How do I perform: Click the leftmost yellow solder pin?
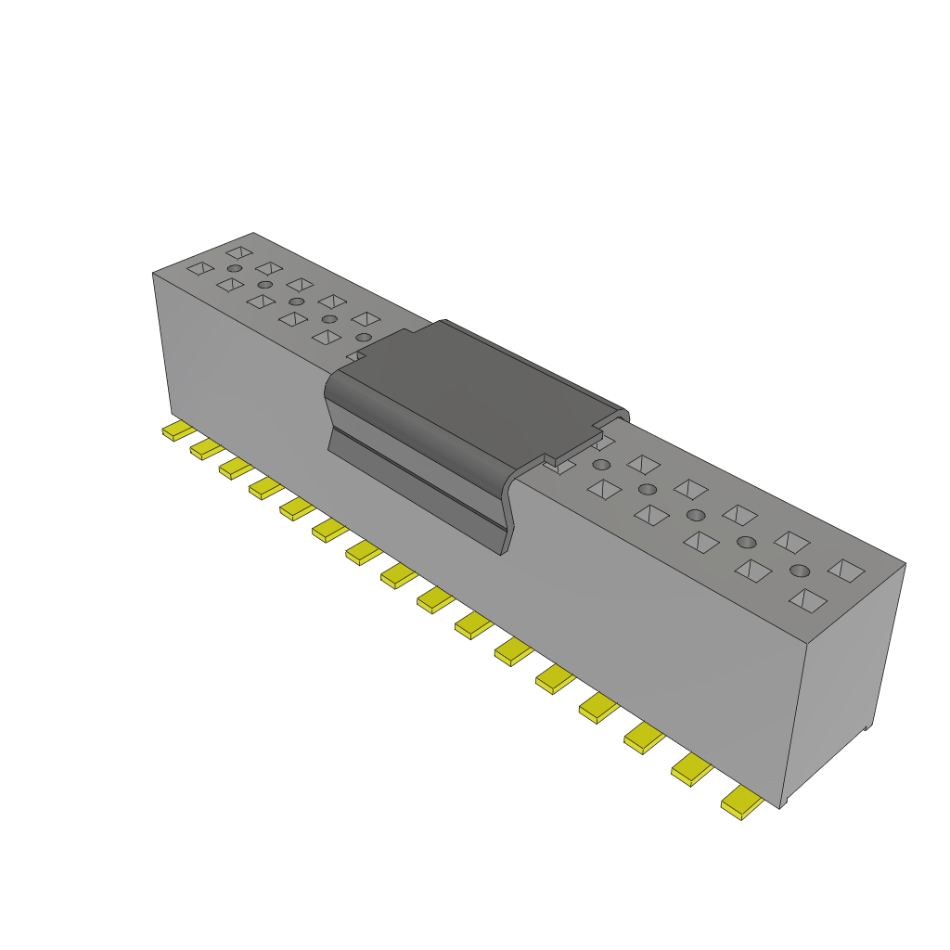(x=176, y=431)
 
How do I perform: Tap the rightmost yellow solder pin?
(x=742, y=802)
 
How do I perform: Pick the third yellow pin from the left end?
(x=235, y=468)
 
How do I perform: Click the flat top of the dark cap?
(x=482, y=390)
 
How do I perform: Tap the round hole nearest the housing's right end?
(x=801, y=571)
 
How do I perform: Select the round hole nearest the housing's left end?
(x=235, y=268)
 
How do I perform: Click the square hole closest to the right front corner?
(x=807, y=600)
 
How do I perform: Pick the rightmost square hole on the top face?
(x=846, y=570)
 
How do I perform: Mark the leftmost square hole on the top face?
(x=199, y=269)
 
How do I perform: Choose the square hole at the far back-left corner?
(x=239, y=252)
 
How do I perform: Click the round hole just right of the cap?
(x=601, y=464)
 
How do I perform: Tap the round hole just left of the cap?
(x=364, y=337)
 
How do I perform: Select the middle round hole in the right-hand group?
(x=696, y=515)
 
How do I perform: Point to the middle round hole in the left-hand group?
(x=297, y=302)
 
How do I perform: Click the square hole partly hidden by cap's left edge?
(x=356, y=355)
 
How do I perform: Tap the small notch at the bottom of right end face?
(x=867, y=728)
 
